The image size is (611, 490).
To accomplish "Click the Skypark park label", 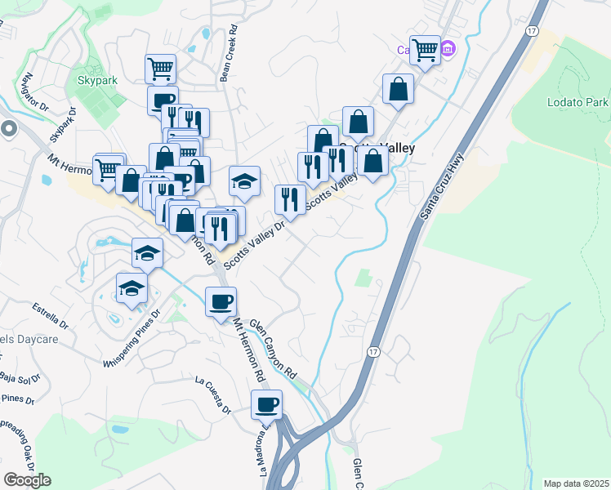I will click(98, 81).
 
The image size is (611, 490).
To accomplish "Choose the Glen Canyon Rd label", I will click(272, 349).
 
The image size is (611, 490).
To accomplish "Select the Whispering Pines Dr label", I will click(135, 347).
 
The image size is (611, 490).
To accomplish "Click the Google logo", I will click(27, 479).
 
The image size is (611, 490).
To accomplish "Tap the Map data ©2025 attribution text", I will click(577, 483).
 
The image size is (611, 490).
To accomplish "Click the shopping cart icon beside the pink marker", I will click(425, 50).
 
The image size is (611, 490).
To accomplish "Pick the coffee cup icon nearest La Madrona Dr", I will click(266, 403).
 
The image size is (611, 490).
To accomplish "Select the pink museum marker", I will click(447, 50).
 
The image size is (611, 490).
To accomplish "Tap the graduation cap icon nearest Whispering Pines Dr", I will click(132, 287).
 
